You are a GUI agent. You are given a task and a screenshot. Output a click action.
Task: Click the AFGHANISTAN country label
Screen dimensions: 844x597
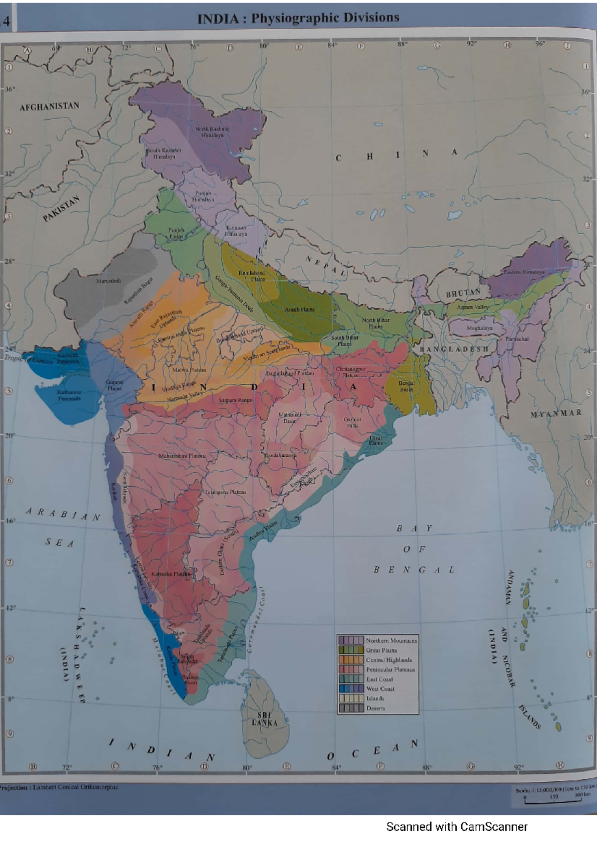click(x=49, y=106)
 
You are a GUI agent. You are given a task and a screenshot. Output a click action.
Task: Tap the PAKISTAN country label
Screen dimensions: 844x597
click(x=61, y=209)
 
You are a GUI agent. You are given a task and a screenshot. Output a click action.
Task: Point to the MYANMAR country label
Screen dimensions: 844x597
click(x=556, y=414)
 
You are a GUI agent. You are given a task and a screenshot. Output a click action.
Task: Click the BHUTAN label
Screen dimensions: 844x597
click(x=463, y=293)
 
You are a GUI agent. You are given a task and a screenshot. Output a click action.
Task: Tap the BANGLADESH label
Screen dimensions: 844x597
click(x=454, y=349)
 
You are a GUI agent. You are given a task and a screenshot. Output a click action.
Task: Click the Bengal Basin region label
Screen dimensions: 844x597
click(x=406, y=386)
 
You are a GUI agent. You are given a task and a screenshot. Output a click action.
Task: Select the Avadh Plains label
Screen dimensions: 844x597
click(x=299, y=309)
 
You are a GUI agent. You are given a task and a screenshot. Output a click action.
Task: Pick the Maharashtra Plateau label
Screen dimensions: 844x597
click(x=182, y=455)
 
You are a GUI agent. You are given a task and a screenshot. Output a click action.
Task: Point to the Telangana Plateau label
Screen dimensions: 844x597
click(x=225, y=492)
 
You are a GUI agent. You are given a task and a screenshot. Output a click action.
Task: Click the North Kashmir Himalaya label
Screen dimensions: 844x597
click(x=212, y=132)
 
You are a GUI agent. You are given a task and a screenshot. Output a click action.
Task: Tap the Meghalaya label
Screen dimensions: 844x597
click(x=479, y=328)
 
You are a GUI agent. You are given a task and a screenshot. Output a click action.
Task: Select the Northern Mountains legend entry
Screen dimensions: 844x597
click(x=391, y=640)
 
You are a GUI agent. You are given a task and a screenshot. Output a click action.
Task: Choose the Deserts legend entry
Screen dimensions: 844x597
click(x=375, y=708)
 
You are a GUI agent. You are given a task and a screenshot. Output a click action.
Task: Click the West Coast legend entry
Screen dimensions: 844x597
click(x=380, y=689)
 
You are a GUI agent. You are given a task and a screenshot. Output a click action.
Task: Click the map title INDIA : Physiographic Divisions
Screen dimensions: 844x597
click(x=298, y=18)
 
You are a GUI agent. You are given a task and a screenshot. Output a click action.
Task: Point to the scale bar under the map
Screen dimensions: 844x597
click(x=553, y=801)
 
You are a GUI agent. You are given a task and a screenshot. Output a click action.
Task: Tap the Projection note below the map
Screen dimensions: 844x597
click(x=60, y=787)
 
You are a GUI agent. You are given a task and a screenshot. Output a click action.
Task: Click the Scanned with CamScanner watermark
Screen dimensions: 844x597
click(x=457, y=827)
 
